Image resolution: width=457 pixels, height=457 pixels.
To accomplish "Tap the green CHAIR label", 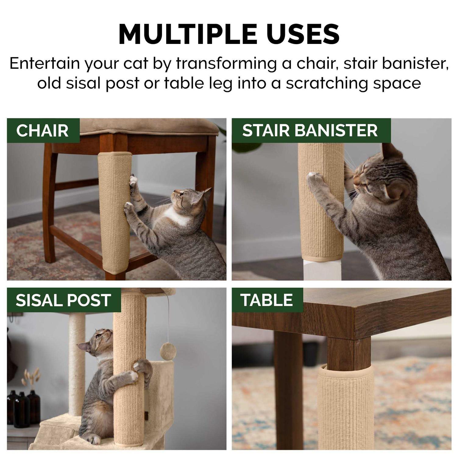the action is (43, 130).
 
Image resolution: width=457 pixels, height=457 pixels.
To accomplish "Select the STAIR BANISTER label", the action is (311, 130).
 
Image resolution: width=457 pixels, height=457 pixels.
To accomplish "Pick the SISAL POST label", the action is (64, 300).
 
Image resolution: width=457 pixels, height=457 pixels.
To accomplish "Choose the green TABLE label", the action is (267, 300).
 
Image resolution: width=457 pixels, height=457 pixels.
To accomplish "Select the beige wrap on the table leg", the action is (346, 407).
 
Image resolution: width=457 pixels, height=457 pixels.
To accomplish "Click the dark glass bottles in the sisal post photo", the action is (24, 407).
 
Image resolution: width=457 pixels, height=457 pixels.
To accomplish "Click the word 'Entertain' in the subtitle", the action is (45, 64).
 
